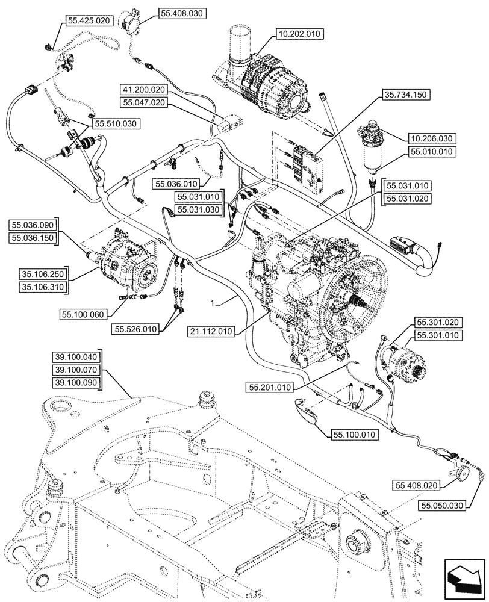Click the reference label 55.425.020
point(89,20)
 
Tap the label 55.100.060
point(83,314)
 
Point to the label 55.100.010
point(354,434)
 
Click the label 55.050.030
point(443,505)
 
